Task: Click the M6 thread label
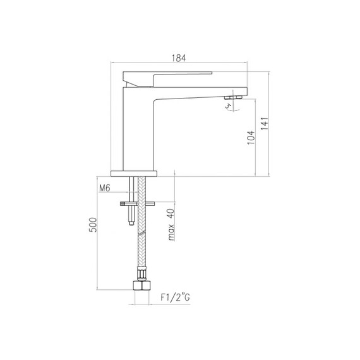[x=105, y=188]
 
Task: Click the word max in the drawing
[x=171, y=234]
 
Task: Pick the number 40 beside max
[x=171, y=214]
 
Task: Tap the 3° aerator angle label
[x=229, y=106]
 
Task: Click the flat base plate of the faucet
[x=133, y=172]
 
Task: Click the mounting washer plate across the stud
[x=131, y=203]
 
